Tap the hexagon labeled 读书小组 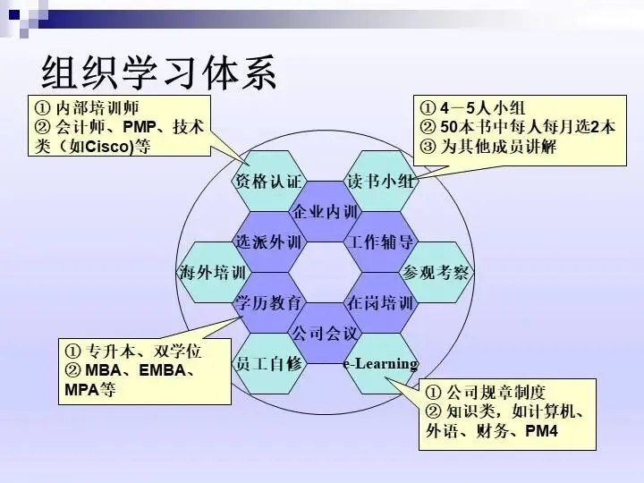[380, 182]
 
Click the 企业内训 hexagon [324, 212]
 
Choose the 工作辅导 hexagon [380, 242]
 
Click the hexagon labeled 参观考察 [436, 273]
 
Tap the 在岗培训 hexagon [380, 302]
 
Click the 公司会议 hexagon [324, 333]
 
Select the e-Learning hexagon [380, 363]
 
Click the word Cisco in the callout [111, 148]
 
